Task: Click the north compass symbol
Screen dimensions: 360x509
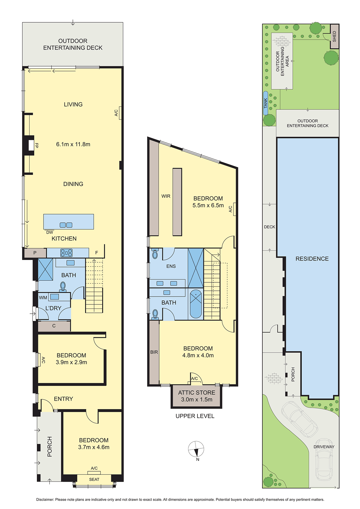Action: point(196,449)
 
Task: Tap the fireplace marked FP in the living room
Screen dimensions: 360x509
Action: point(31,145)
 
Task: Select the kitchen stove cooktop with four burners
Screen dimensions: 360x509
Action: point(66,253)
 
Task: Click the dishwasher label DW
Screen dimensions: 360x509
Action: point(50,232)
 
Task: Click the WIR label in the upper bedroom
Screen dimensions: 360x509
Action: point(166,196)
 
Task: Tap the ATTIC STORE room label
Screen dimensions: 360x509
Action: point(197,393)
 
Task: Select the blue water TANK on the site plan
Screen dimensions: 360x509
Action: point(265,103)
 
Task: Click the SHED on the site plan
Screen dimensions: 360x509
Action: point(334,36)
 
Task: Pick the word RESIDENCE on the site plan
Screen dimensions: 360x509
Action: point(312,259)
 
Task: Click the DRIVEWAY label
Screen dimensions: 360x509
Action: point(324,447)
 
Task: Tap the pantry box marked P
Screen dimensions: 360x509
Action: point(35,253)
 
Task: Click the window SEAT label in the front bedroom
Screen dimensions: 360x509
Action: point(94,479)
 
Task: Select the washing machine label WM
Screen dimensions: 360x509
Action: point(43,297)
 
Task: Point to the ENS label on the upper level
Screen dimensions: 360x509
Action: point(171,266)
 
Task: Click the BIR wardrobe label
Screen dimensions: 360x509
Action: point(154,352)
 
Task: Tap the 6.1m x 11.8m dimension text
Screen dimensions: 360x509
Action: point(73,144)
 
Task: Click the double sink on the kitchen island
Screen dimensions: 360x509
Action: point(66,225)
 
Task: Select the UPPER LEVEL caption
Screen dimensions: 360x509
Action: point(195,416)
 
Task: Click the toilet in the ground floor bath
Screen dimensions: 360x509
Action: point(63,287)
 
